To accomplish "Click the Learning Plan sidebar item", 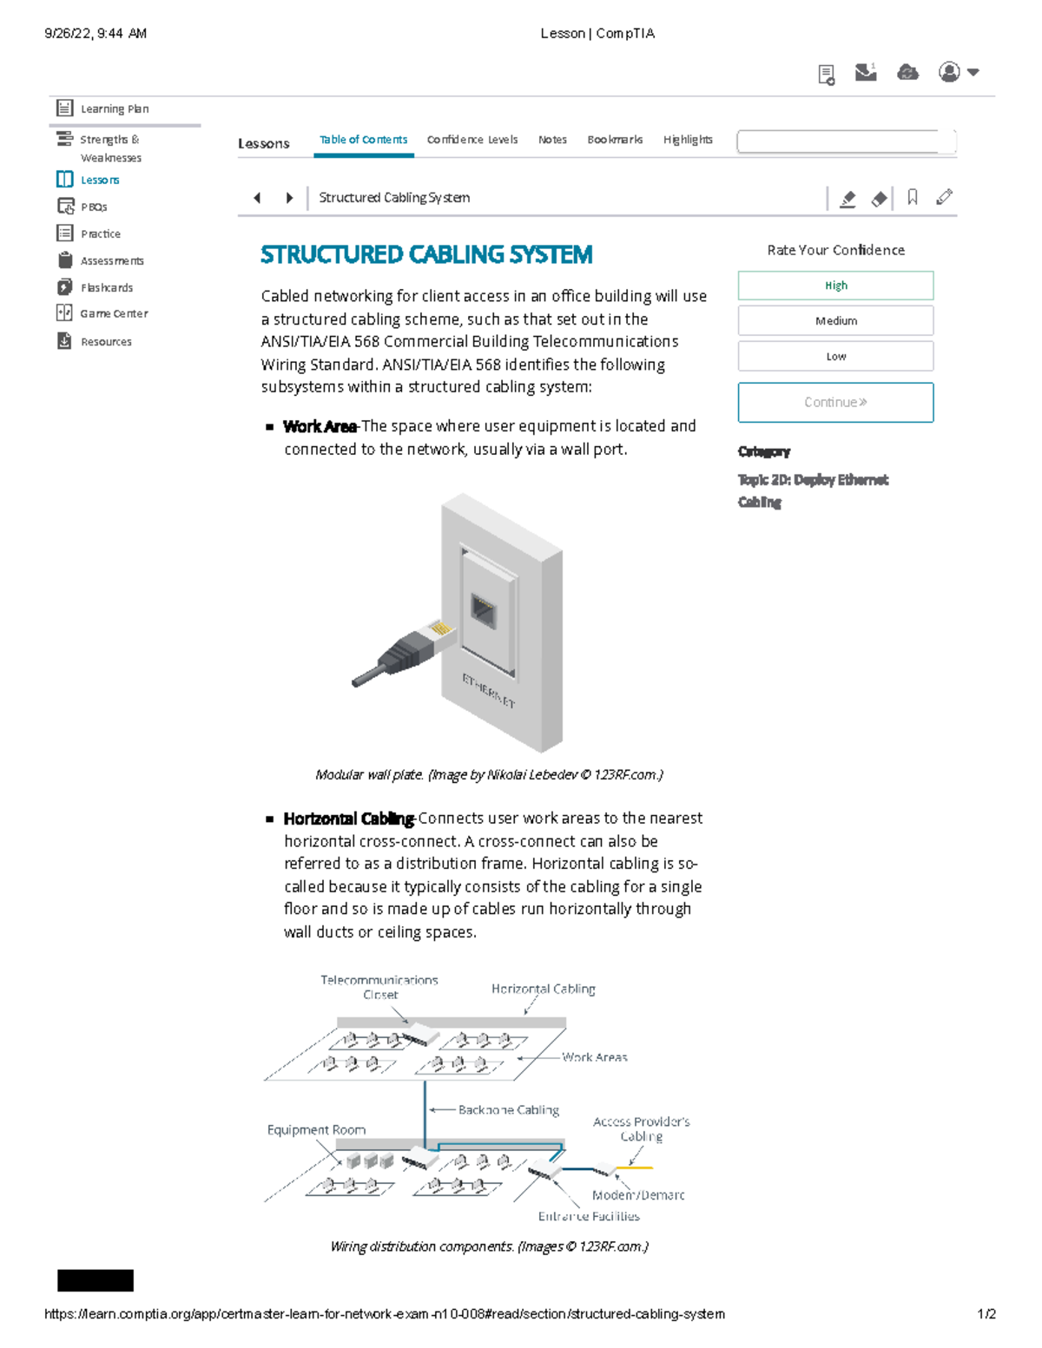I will pyautogui.click(x=114, y=108).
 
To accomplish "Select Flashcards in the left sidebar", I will pyautogui.click(x=106, y=287).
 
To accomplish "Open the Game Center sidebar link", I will pyautogui.click(x=113, y=313).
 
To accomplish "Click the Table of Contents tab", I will pyautogui.click(x=363, y=140).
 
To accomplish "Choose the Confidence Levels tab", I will pyautogui.click(x=472, y=140).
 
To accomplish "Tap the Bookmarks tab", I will pyautogui.click(x=615, y=140).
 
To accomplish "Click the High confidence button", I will pyautogui.click(x=835, y=286).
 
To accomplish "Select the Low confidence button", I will pyautogui.click(x=835, y=356).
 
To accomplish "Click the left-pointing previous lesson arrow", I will pyautogui.click(x=257, y=198).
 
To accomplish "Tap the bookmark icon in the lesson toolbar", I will pyautogui.click(x=912, y=198).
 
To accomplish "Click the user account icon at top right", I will pyautogui.click(x=950, y=72).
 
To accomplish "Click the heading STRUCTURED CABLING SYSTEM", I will pyautogui.click(x=426, y=254).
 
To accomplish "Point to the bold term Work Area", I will pyautogui.click(x=320, y=426).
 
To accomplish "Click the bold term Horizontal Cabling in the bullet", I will pyautogui.click(x=348, y=819).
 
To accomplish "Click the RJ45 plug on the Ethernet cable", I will pyautogui.click(x=439, y=632).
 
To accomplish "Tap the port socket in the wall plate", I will pyautogui.click(x=484, y=611).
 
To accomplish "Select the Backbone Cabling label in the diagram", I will pyautogui.click(x=508, y=1110).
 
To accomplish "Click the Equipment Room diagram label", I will pyautogui.click(x=316, y=1130).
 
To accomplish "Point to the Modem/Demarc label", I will pyautogui.click(x=638, y=1195).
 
